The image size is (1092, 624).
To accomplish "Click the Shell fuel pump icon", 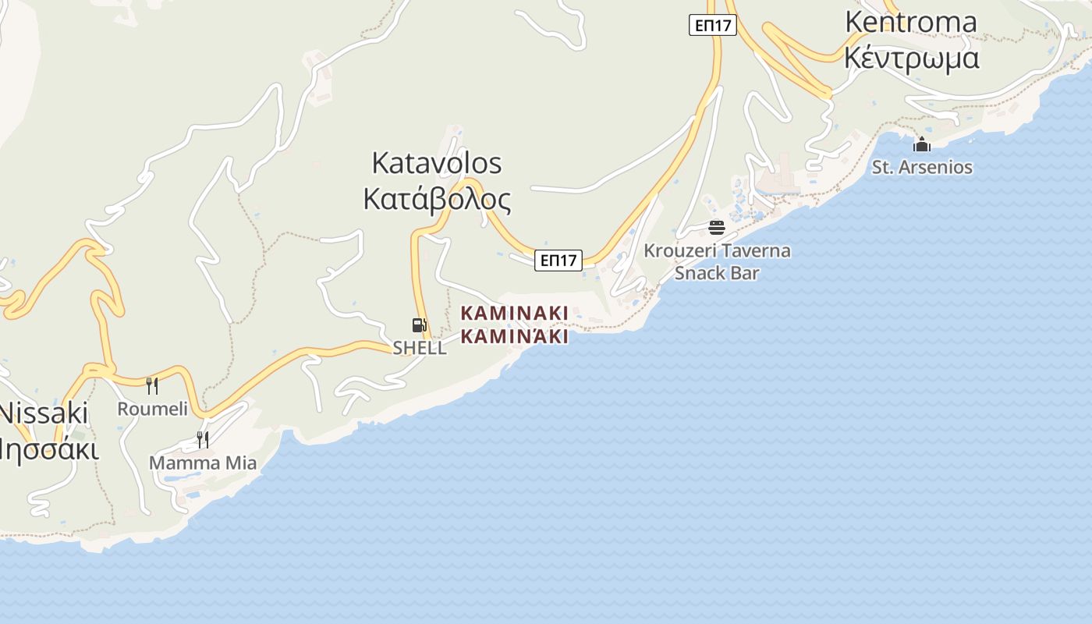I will (x=420, y=325).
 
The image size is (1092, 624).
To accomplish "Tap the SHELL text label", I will (x=420, y=348).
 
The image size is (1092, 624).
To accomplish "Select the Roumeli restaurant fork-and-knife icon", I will (x=152, y=385).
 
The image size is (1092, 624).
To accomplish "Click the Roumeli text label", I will (x=153, y=409).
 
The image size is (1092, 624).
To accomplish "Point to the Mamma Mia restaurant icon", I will (x=202, y=439).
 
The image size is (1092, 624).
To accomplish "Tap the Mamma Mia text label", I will (x=203, y=463).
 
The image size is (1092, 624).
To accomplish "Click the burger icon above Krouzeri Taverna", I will (x=717, y=228).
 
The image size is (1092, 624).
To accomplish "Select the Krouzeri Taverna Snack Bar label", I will (x=717, y=261).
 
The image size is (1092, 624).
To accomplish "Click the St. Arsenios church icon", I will (x=922, y=144).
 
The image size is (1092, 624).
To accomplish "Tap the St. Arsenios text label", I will (x=922, y=167).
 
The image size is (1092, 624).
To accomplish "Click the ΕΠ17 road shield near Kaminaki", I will (x=558, y=261).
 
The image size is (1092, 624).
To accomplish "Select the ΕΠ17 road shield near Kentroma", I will (x=713, y=25).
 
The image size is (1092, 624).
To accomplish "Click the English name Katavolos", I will (x=437, y=163).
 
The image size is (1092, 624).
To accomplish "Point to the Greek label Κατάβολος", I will (x=437, y=200).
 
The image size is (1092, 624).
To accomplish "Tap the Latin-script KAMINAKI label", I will (x=514, y=314).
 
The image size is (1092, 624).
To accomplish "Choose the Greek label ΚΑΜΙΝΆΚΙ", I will (x=514, y=337).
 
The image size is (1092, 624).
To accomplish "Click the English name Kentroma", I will (x=911, y=22).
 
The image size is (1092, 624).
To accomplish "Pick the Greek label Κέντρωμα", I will (x=911, y=58).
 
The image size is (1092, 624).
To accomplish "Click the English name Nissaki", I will (x=44, y=413).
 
